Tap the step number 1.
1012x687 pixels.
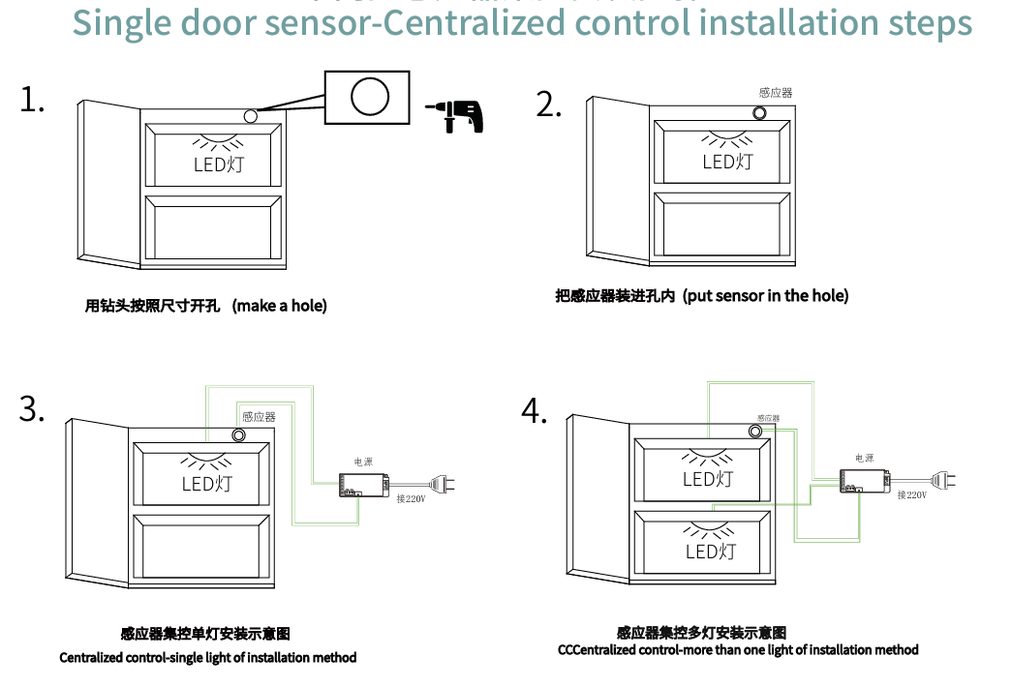click(32, 100)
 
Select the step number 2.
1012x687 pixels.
click(548, 105)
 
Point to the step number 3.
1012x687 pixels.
click(32, 409)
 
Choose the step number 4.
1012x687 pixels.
click(535, 410)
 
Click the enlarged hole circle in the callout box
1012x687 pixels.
click(369, 97)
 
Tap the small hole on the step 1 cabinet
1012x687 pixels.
click(251, 116)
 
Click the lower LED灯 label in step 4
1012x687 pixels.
click(710, 552)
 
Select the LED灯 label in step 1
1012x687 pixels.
click(219, 164)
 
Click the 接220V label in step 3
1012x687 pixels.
click(411, 499)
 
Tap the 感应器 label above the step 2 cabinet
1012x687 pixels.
click(776, 93)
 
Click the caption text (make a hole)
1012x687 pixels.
click(280, 306)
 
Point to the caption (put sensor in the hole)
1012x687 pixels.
click(765, 296)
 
